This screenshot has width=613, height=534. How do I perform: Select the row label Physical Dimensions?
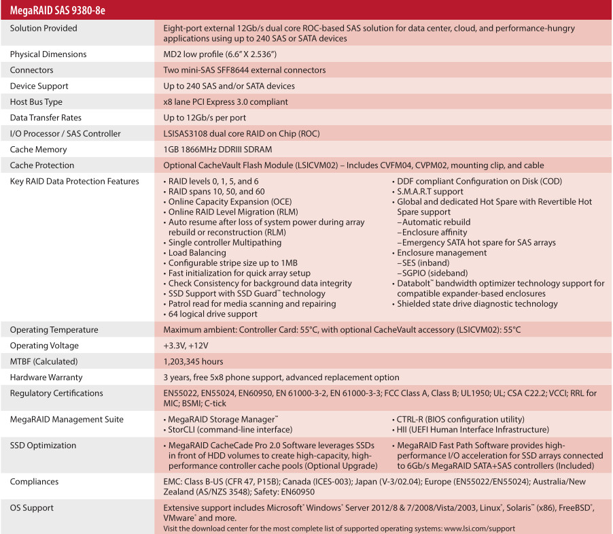48,54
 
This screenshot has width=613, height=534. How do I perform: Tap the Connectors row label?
31,70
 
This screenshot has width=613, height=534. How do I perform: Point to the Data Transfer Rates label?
46,118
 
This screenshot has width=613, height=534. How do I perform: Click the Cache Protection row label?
43,165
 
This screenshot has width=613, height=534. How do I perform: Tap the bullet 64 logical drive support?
213,314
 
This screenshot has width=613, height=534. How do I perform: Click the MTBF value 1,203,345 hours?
194,361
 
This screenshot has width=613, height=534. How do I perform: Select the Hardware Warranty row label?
46,378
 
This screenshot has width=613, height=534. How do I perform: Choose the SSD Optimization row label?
43,446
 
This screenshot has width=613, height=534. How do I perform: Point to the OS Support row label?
31,508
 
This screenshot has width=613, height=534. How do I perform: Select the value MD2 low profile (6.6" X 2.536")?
220,54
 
